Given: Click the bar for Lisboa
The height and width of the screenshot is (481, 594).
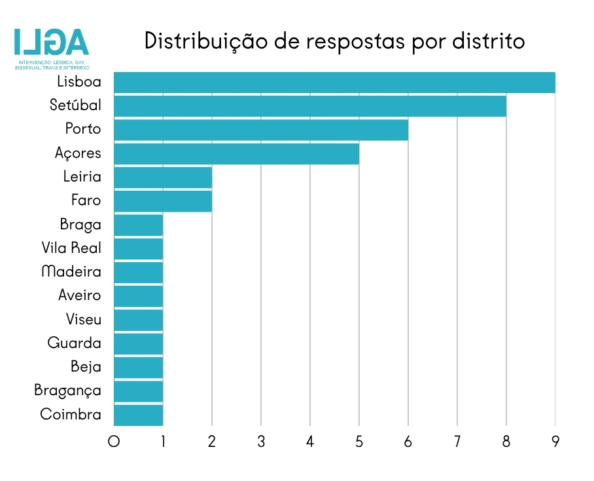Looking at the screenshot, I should click(334, 83).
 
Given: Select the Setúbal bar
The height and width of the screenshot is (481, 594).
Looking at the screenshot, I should click(310, 106).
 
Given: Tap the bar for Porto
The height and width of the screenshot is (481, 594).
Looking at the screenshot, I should click(261, 130).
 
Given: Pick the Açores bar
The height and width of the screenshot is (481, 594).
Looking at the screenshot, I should click(236, 153).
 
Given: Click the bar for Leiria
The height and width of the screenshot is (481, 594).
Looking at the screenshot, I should click(163, 177).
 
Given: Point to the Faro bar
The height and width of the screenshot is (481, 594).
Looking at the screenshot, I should click(163, 201).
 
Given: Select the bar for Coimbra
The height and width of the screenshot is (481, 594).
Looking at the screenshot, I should click(138, 415).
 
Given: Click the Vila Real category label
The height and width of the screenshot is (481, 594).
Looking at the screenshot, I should click(71, 248).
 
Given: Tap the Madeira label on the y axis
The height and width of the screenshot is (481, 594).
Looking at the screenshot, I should click(71, 272).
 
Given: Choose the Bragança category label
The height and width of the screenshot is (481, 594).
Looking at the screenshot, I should click(68, 391).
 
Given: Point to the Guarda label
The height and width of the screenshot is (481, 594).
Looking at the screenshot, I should click(75, 343).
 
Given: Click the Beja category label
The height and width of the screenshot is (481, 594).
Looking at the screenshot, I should click(86, 367).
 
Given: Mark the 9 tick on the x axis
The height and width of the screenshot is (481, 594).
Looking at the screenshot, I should click(555, 442).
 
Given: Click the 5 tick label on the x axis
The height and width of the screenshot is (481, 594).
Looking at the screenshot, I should click(359, 442).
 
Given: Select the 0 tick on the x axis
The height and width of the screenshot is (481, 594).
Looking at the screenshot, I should click(114, 442).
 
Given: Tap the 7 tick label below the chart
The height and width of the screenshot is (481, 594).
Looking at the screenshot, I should click(457, 442).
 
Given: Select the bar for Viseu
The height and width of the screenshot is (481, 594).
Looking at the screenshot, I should click(138, 320).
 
